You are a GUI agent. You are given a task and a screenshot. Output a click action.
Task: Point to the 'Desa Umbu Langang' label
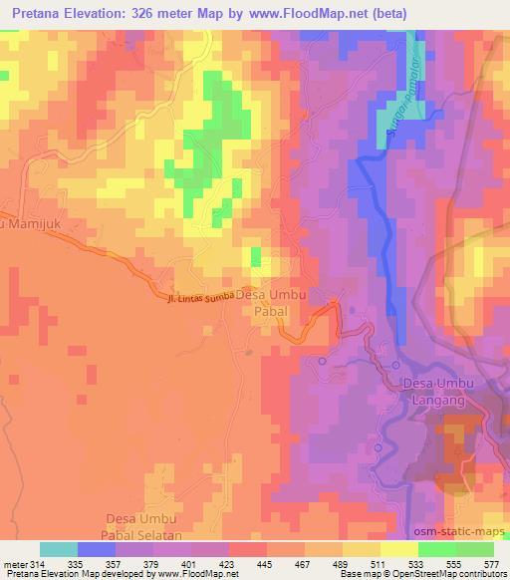[444, 391]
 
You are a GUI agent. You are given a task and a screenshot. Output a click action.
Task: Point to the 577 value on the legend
[492, 564]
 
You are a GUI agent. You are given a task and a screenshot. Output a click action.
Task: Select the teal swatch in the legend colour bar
[59, 549]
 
